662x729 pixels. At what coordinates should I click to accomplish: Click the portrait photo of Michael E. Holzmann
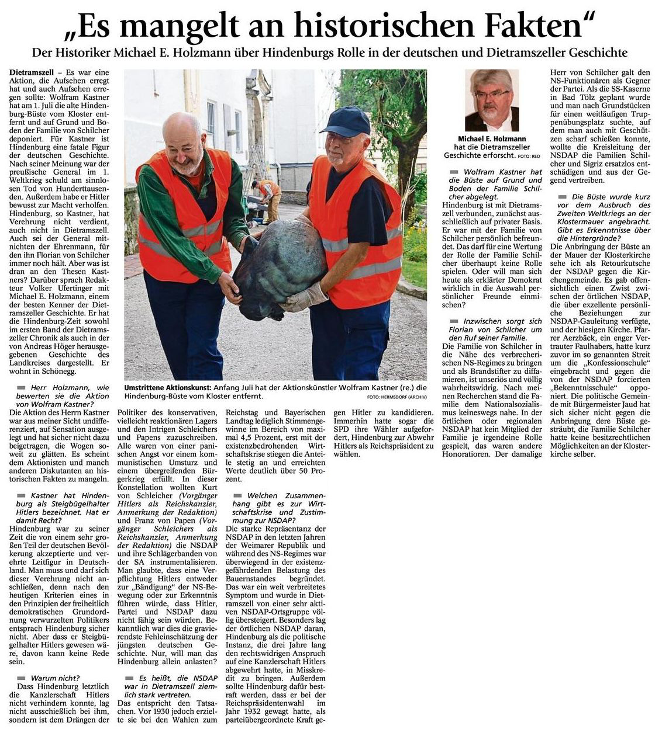pos(491,100)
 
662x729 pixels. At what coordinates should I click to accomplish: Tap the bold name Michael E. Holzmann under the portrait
pos(491,139)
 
